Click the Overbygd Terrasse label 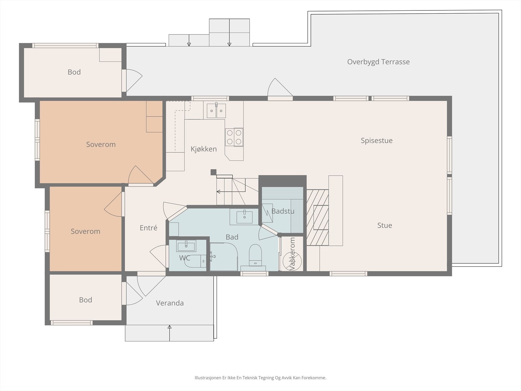click(x=378, y=62)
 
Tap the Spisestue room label click(x=377, y=140)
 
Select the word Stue click(x=385, y=225)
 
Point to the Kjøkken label click(x=204, y=149)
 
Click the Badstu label click(x=283, y=211)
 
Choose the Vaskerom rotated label click(x=292, y=253)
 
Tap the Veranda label click(x=170, y=303)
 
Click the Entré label click(x=148, y=228)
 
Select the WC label click(x=185, y=258)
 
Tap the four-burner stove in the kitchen click(x=234, y=137)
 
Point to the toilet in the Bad click(x=255, y=255)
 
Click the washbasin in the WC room click(x=186, y=246)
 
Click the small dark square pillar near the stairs click(x=213, y=172)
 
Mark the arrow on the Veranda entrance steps click(x=169, y=333)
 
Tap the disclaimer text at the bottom click(x=260, y=378)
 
